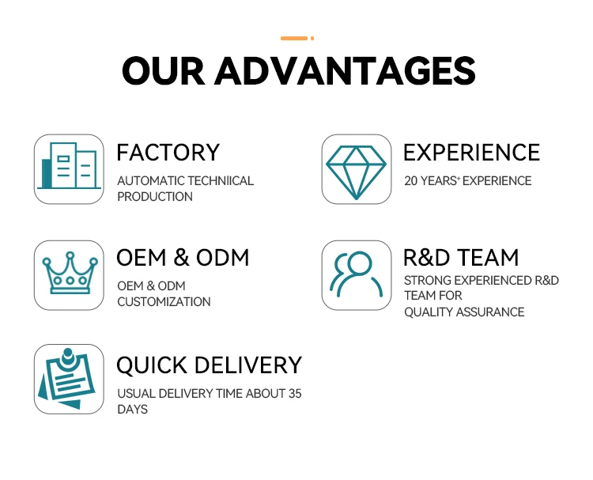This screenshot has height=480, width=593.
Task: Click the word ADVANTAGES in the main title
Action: (x=345, y=70)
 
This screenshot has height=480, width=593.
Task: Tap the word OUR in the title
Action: (x=164, y=70)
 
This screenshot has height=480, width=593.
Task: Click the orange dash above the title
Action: (x=294, y=38)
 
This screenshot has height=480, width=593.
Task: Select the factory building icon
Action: (x=69, y=166)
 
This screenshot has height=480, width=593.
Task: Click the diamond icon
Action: (x=357, y=172)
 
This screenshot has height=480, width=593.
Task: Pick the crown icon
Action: (x=70, y=273)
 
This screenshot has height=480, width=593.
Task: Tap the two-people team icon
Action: (x=356, y=274)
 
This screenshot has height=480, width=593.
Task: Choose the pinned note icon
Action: (x=66, y=378)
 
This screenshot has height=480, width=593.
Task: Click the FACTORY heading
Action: (x=168, y=153)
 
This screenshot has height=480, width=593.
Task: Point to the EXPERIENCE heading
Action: (x=471, y=153)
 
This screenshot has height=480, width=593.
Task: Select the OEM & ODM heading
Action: (x=183, y=258)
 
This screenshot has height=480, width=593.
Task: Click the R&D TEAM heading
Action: (x=461, y=258)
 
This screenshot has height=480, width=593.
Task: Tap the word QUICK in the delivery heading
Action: (x=152, y=366)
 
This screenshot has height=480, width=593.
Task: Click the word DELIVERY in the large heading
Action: (x=248, y=365)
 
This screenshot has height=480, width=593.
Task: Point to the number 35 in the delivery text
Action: (x=295, y=393)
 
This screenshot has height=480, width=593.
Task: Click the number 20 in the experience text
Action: (x=410, y=181)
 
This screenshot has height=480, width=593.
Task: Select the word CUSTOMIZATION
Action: (x=164, y=302)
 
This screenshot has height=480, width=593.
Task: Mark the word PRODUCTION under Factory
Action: (x=155, y=197)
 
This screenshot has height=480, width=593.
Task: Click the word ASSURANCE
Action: (x=490, y=312)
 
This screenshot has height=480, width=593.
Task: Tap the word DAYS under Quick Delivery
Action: (x=132, y=410)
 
